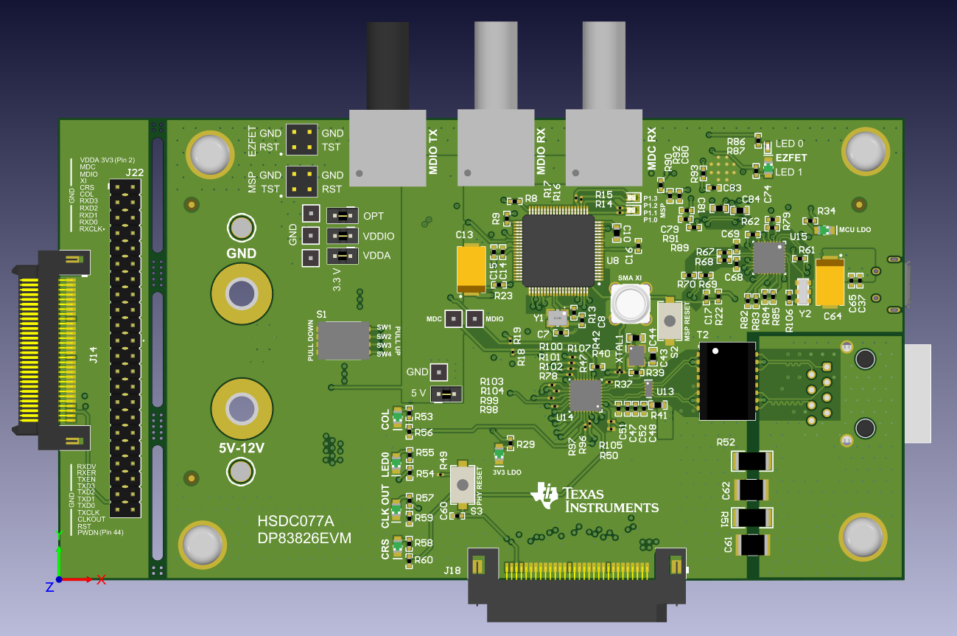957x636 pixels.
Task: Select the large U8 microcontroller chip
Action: (x=558, y=251)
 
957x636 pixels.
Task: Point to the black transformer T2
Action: (x=727, y=380)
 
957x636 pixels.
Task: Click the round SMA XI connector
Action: (x=630, y=302)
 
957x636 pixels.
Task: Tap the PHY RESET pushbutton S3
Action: (x=463, y=484)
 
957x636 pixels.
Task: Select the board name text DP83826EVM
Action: (x=304, y=539)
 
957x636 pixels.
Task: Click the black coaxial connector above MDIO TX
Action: (x=388, y=66)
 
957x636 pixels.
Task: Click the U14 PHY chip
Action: (x=585, y=395)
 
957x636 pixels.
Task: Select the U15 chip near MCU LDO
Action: (x=768, y=258)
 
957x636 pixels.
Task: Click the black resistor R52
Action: (x=751, y=461)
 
